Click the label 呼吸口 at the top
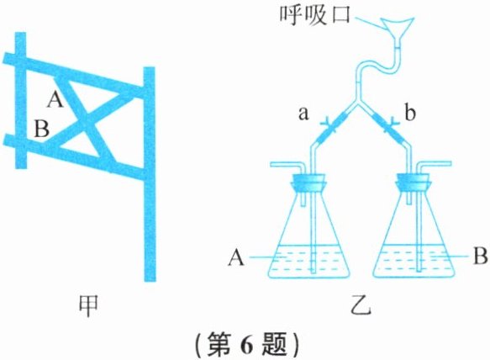click(314, 14)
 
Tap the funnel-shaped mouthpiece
click(397, 29)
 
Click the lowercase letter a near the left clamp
click(303, 114)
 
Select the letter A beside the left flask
click(236, 259)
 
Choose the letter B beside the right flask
click(480, 257)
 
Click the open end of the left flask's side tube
click(271, 164)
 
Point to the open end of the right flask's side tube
click(450, 163)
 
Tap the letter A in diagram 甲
click(55, 100)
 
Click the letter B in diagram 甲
click(41, 130)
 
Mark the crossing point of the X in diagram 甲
click(85, 121)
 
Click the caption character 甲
click(88, 306)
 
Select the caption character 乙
click(361, 305)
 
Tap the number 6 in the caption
click(246, 344)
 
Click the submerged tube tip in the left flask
click(313, 270)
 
